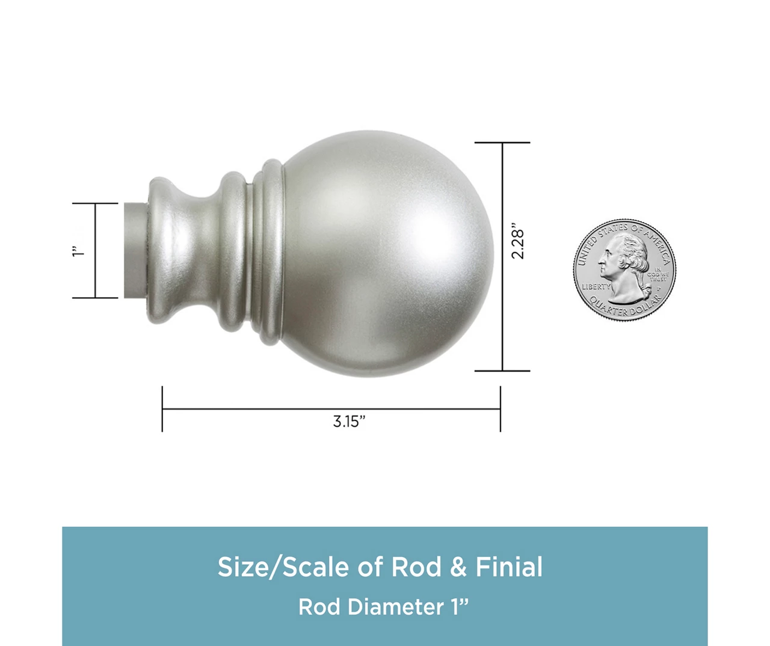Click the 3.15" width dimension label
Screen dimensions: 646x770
(349, 421)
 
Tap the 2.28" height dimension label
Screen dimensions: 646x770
(518, 244)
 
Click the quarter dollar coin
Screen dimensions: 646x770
(624, 270)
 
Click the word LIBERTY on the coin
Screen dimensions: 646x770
(596, 287)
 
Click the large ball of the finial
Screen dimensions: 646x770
(385, 253)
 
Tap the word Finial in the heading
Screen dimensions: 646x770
(509, 567)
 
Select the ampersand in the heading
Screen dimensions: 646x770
(458, 567)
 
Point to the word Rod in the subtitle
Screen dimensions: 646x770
(319, 607)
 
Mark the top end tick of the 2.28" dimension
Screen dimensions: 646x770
(502, 143)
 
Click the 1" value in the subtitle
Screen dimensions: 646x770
(459, 607)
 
